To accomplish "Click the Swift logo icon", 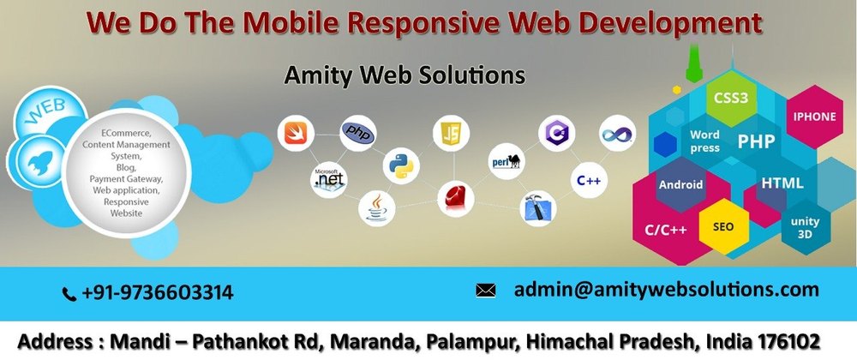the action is (296, 133).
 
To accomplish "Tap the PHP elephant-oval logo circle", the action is (358, 133).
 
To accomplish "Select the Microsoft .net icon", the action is (328, 180).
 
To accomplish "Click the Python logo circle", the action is (401, 165).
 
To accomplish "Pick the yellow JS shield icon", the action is (452, 134).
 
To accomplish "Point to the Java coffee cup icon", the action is (376, 208).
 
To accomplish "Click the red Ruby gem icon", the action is (456, 198).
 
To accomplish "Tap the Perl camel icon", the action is (506, 161).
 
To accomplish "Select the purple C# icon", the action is (556, 133).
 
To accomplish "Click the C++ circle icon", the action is (590, 180).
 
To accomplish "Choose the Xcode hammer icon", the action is (538, 208).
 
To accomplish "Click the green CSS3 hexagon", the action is (731, 99).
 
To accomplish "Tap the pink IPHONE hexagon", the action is (814, 117).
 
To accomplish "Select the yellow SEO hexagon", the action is (723, 226).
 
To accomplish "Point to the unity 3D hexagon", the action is (805, 227).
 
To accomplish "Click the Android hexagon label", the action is (680, 184).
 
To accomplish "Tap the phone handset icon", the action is (69, 295).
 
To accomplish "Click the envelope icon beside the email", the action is (485, 291).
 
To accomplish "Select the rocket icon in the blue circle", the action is (40, 162).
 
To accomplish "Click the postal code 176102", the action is (789, 341).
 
